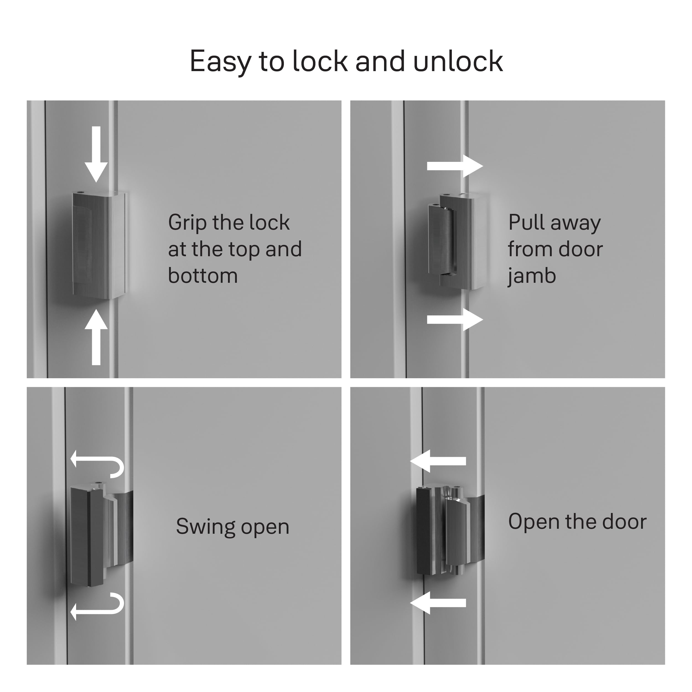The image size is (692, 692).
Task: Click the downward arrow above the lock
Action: [96, 154]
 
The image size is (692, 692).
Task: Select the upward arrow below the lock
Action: [96, 337]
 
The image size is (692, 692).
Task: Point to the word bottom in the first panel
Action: [203, 276]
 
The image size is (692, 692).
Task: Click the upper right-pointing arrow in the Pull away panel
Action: [455, 166]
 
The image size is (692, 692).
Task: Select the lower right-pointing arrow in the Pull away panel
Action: [455, 320]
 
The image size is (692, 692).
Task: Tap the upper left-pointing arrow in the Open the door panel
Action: [438, 461]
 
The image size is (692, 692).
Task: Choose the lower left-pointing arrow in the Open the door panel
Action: [438, 603]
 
